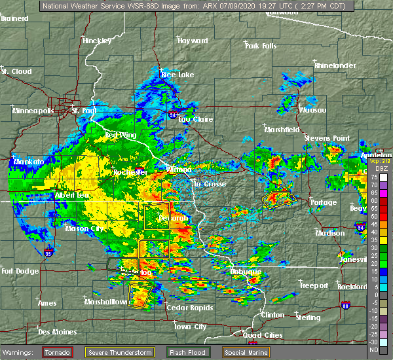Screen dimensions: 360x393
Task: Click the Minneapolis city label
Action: (33, 111)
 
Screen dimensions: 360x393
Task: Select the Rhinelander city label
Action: (334, 65)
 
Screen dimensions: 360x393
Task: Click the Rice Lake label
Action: (178, 75)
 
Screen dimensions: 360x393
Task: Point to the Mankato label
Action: (29, 161)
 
